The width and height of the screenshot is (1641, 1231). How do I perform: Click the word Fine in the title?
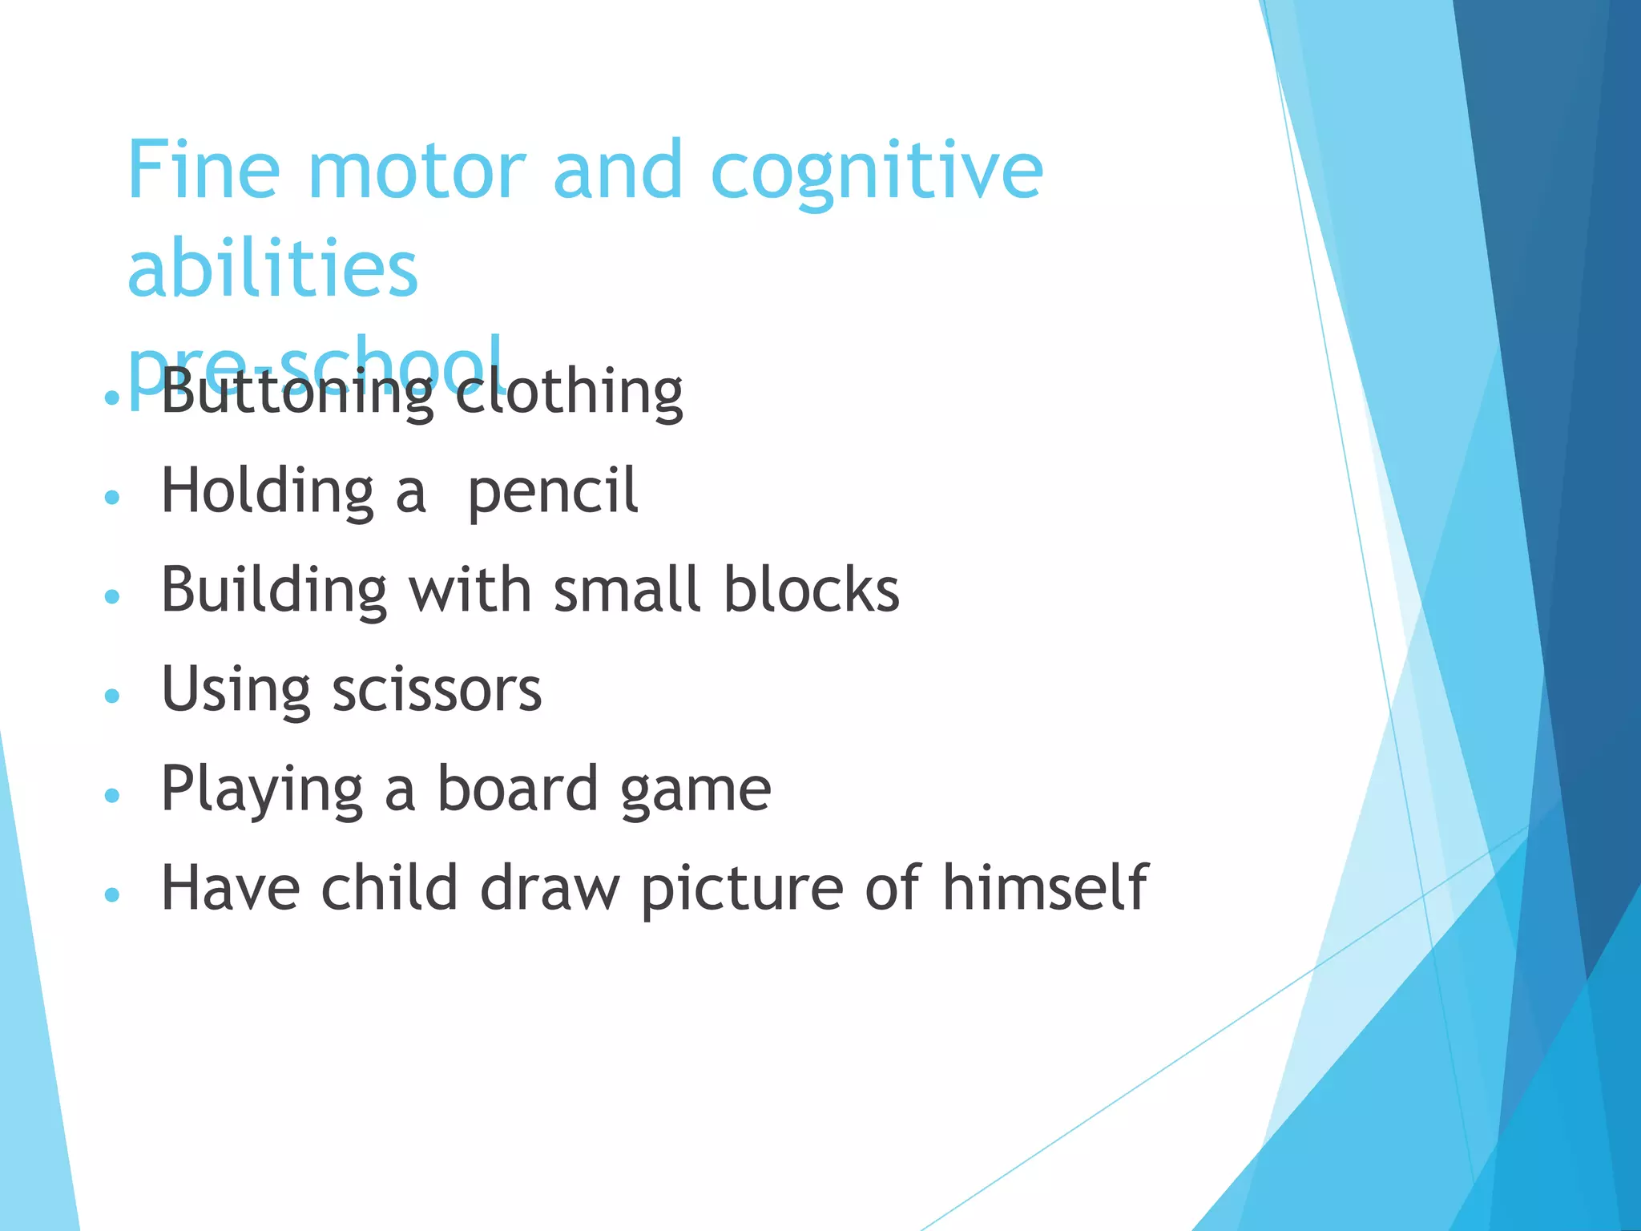point(204,170)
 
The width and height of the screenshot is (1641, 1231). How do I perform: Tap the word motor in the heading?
point(417,172)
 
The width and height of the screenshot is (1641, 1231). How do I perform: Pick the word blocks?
point(812,591)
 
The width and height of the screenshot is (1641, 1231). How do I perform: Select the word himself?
point(1045,888)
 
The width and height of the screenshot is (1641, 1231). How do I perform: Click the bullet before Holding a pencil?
point(112,497)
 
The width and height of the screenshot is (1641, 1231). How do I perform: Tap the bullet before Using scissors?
point(112,695)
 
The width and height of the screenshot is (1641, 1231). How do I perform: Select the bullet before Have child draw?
point(112,894)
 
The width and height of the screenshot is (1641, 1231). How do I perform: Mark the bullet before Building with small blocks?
point(112,596)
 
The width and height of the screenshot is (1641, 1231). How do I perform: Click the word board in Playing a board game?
point(517,789)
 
